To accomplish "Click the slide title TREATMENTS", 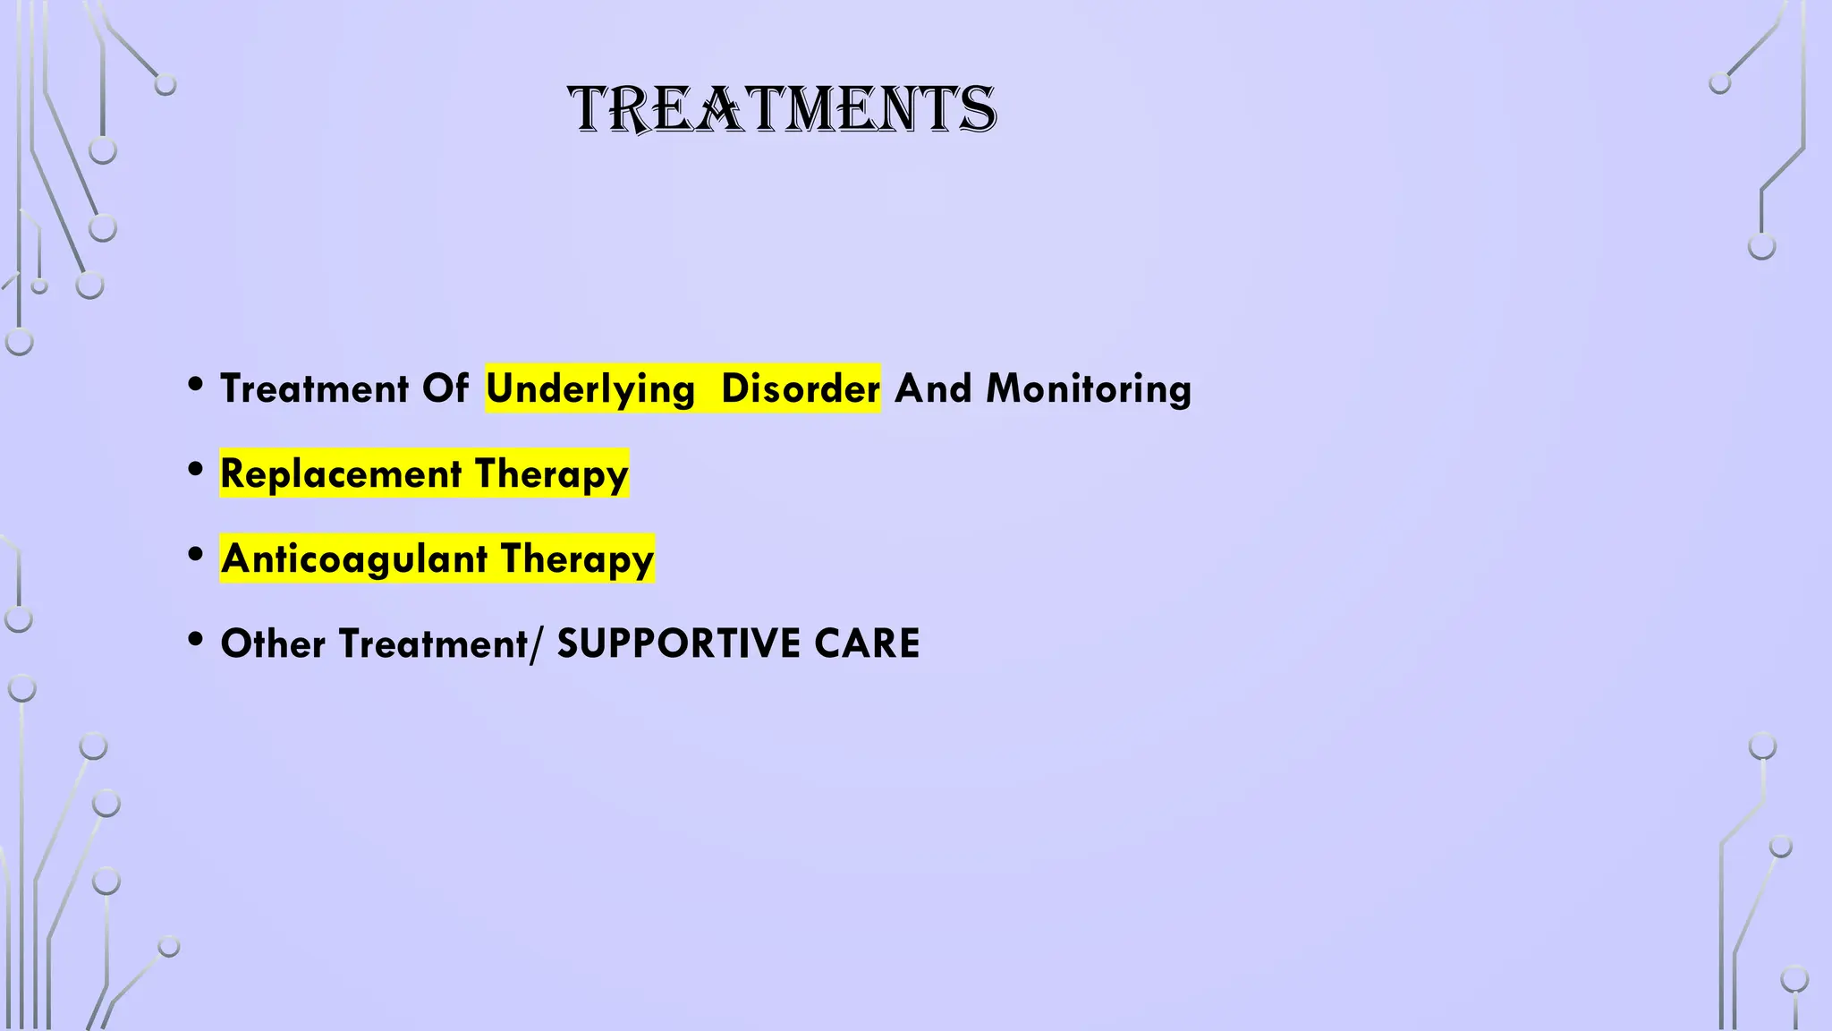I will [782, 110].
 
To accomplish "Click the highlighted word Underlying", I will [590, 389].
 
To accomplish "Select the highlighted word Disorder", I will [800, 389].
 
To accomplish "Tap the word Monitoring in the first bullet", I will [1089, 389].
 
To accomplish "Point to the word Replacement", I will [341, 473].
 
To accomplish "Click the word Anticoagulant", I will [354, 558].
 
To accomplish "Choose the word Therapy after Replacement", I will [551, 474].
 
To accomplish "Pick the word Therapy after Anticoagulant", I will [577, 559].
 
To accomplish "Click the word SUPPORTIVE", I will [678, 643].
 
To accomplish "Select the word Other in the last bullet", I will [273, 643].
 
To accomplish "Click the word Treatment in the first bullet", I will [315, 389].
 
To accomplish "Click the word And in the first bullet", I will [933, 389].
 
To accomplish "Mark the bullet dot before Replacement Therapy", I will [196, 469].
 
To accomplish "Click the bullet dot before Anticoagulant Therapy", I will [196, 554].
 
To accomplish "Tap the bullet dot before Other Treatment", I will [196, 639].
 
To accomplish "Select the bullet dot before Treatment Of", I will [196, 385].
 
